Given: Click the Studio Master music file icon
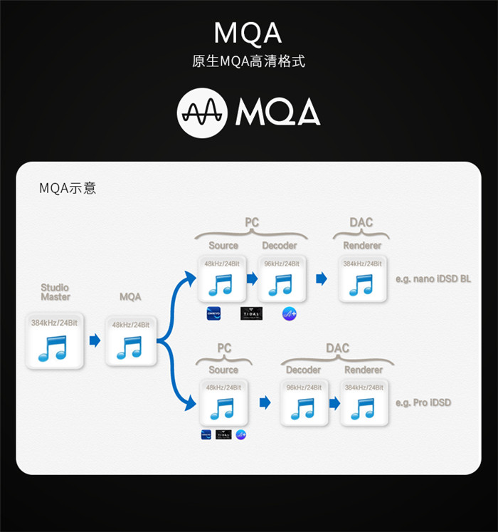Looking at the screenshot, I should pos(55,341).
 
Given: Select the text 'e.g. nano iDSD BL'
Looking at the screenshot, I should pos(433,279).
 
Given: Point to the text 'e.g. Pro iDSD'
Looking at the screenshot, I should pos(423,403).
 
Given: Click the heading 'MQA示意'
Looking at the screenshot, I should pos(68,189).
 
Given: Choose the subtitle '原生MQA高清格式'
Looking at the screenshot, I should pos(248,61).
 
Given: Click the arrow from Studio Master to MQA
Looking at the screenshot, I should pos(95,340).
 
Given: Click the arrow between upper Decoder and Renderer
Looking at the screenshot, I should pos(321,278).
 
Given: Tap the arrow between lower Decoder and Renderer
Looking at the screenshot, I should pos(334,403).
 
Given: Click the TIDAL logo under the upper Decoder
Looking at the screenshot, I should pos(251,313).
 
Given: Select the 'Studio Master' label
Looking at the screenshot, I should pos(55,292).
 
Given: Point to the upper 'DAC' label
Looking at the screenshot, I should pos(361,223).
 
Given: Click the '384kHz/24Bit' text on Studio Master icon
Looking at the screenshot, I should pos(55,323).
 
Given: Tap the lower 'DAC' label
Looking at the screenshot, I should pos(337,348).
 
